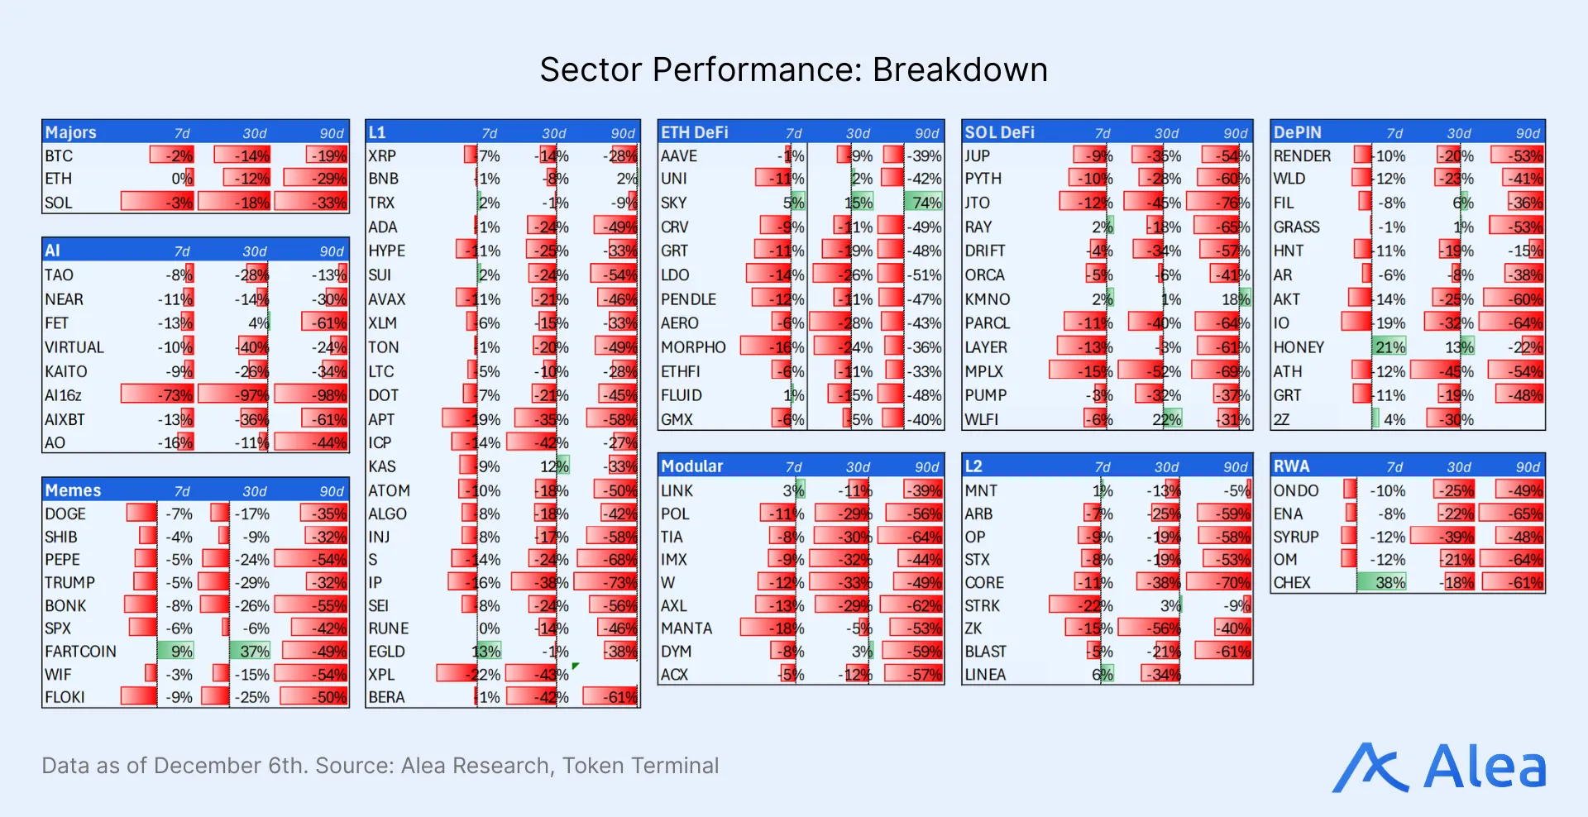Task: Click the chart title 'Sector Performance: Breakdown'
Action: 793,69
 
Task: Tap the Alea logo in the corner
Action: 1439,767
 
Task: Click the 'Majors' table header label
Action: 71,132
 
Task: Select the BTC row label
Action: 59,155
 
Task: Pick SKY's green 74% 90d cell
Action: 926,203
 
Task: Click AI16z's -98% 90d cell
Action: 328,395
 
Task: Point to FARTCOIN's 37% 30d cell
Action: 254,652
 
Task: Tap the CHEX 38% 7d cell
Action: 1389,582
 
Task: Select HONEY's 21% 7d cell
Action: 1389,347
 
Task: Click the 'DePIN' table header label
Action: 1297,132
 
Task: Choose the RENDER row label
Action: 1302,155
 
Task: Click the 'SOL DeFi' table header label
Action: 999,132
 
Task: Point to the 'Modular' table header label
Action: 691,466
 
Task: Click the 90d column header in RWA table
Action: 1527,467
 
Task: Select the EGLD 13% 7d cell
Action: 486,652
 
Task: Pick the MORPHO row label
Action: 693,347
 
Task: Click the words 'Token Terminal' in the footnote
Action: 640,766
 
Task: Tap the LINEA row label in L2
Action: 985,675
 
